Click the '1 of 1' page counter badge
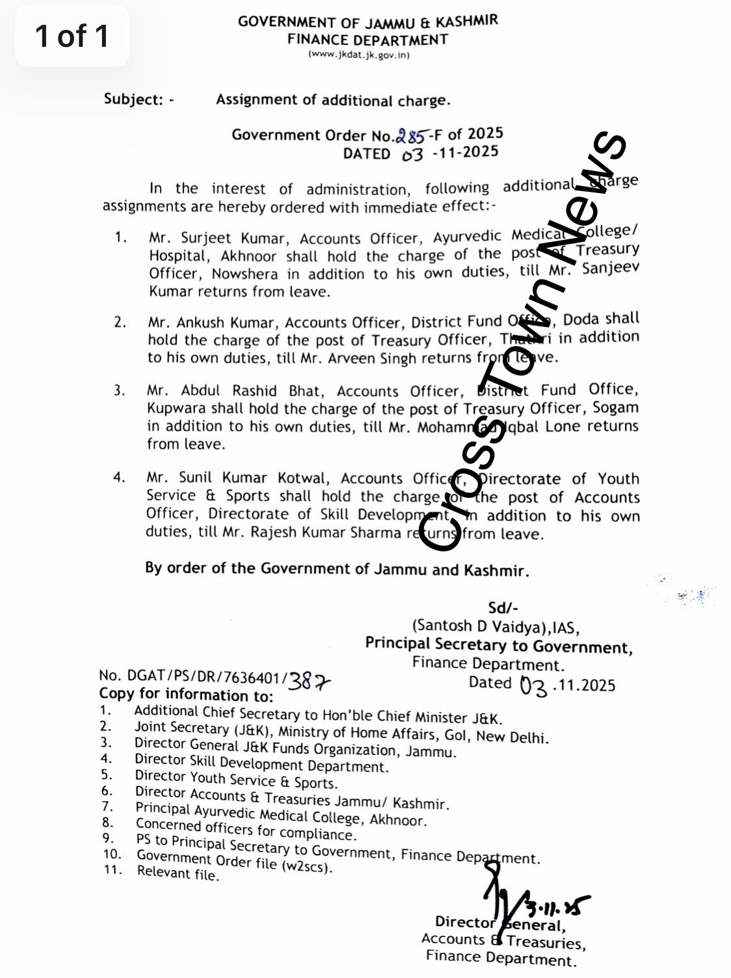point(72,36)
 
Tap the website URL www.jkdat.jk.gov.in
point(359,55)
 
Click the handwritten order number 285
point(411,136)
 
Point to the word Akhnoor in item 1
point(248,256)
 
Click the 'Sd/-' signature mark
point(503,608)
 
